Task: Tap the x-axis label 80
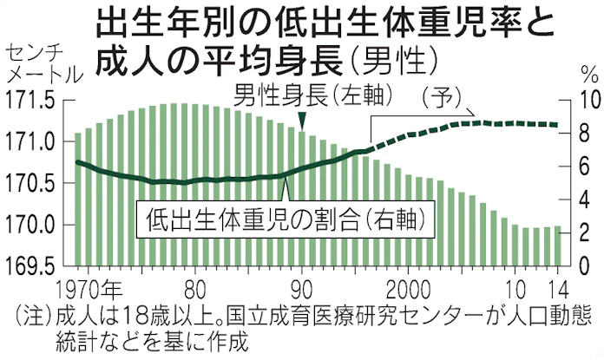pyautogui.click(x=197, y=288)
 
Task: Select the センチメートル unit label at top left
pyautogui.click(x=43, y=60)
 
